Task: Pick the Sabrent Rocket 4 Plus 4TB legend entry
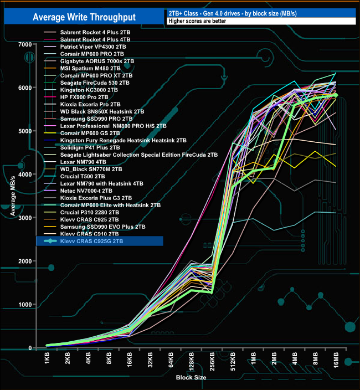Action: pyautogui.click(x=95, y=40)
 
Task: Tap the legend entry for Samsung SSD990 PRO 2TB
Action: pyautogui.click(x=96, y=119)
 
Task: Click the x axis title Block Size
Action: pyautogui.click(x=192, y=378)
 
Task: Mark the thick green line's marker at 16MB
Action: pyautogui.click(x=335, y=95)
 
